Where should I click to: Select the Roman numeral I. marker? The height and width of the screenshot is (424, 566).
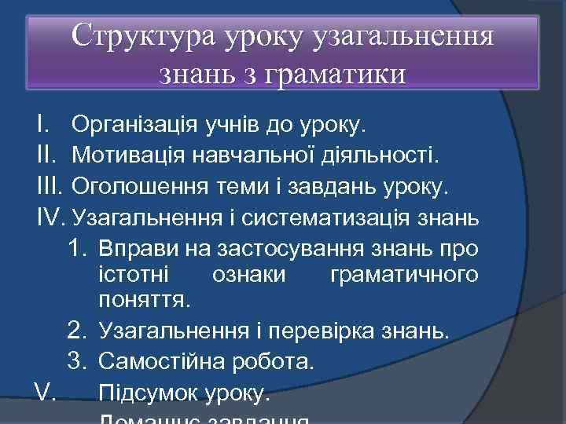coord(44,124)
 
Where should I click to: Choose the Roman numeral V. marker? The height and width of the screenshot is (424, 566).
coord(45,391)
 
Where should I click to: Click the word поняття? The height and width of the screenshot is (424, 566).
coord(143,300)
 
